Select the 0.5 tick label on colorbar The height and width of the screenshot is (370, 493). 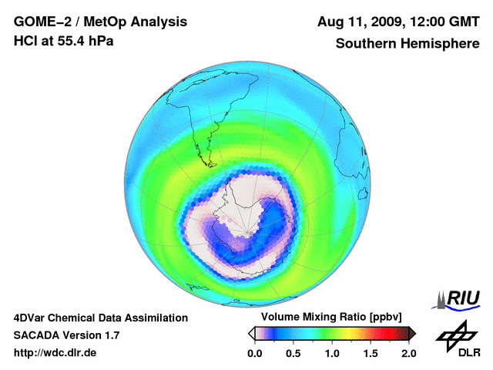[x=293, y=353]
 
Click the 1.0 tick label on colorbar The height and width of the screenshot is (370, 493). [x=332, y=353]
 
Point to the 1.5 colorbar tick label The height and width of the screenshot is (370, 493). [x=371, y=353]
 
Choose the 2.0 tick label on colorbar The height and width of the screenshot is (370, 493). [x=408, y=353]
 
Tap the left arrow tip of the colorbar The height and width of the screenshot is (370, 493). [x=251, y=333]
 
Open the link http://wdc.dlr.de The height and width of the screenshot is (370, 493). [x=55, y=353]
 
